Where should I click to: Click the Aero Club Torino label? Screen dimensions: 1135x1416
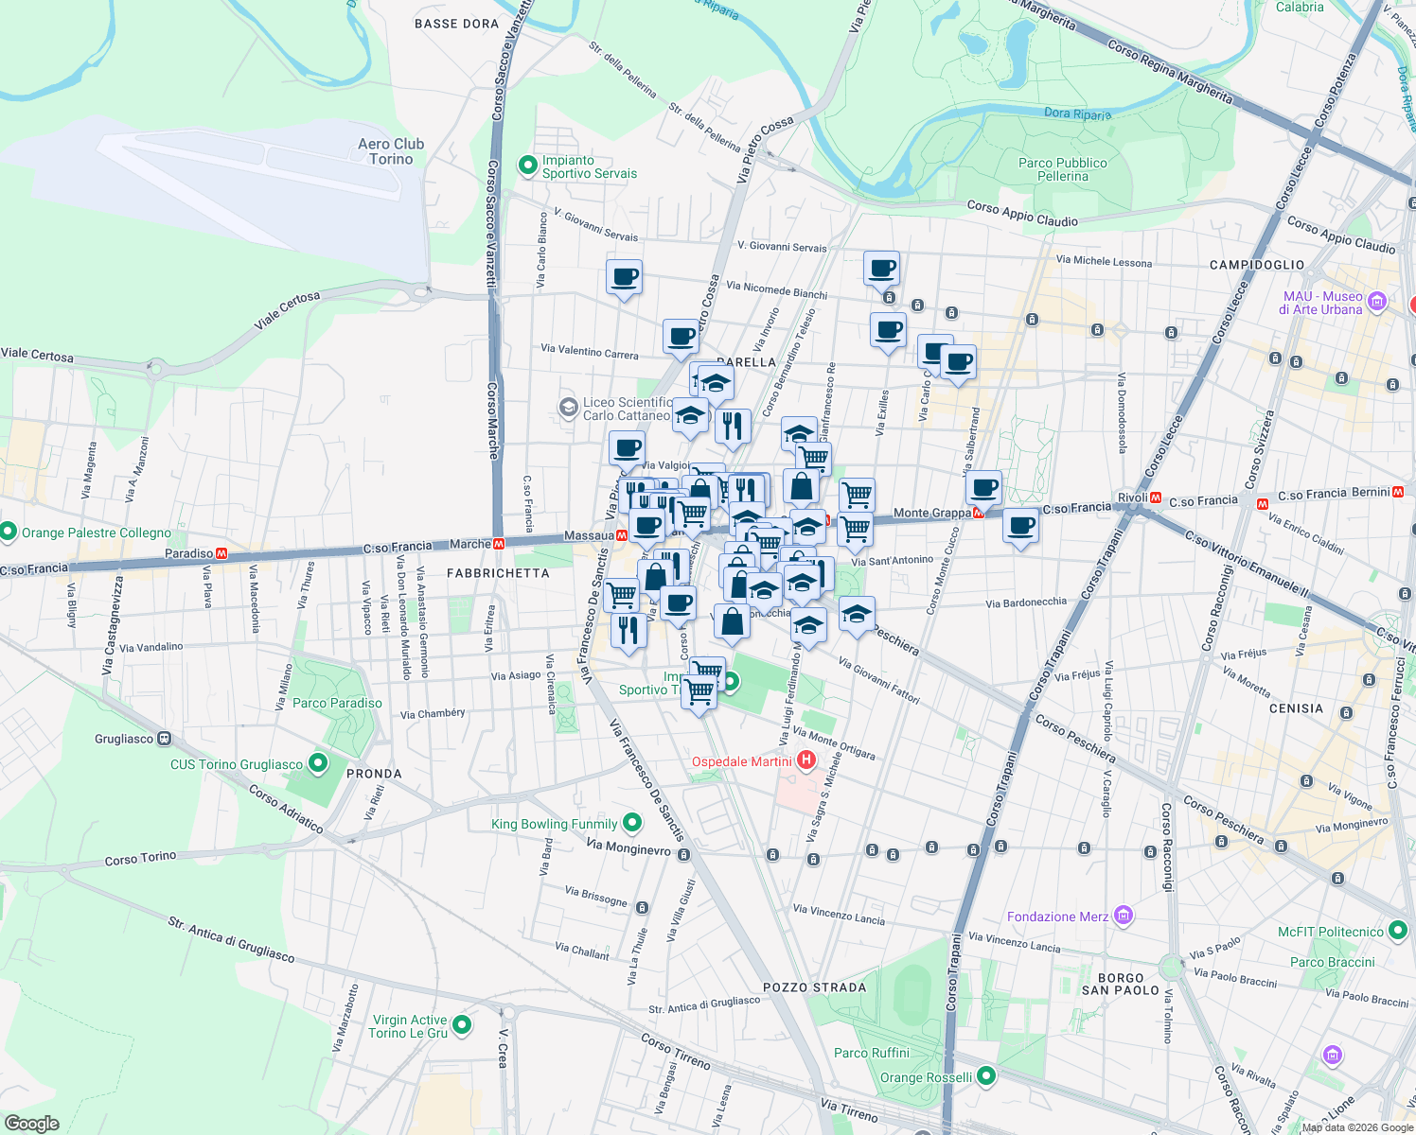pyautogui.click(x=391, y=151)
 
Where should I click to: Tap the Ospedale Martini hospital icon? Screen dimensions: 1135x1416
pyautogui.click(x=806, y=760)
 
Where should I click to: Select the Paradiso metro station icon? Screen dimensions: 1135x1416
pyautogui.click(x=221, y=553)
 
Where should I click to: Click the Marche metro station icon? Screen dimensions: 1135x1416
pyautogui.click(x=498, y=544)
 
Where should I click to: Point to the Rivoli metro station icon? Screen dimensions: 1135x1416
pyautogui.click(x=1156, y=498)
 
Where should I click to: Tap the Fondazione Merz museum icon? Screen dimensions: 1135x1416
pyautogui.click(x=1123, y=916)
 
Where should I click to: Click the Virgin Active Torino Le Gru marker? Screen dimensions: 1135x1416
pyautogui.click(x=462, y=1024)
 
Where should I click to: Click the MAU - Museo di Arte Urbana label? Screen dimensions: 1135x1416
pyautogui.click(x=1322, y=303)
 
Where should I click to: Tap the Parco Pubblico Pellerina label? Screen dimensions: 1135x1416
pyautogui.click(x=1062, y=169)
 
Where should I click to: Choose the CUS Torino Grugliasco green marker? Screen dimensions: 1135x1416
pyautogui.click(x=318, y=762)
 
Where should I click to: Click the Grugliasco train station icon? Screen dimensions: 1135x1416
pyautogui.click(x=165, y=738)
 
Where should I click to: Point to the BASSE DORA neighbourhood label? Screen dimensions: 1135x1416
pyautogui.click(x=456, y=24)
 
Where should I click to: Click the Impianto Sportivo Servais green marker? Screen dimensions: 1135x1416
pyautogui.click(x=527, y=166)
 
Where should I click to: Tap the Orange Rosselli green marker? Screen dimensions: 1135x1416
pyautogui.click(x=986, y=1076)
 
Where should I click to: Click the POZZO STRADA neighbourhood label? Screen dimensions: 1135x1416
pyautogui.click(x=814, y=987)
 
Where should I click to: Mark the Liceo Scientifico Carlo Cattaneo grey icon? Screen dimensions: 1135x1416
pyautogui.click(x=568, y=408)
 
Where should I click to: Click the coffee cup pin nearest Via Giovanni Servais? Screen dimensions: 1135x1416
pyautogui.click(x=624, y=278)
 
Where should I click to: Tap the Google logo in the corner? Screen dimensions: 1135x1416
pyautogui.click(x=32, y=1124)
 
